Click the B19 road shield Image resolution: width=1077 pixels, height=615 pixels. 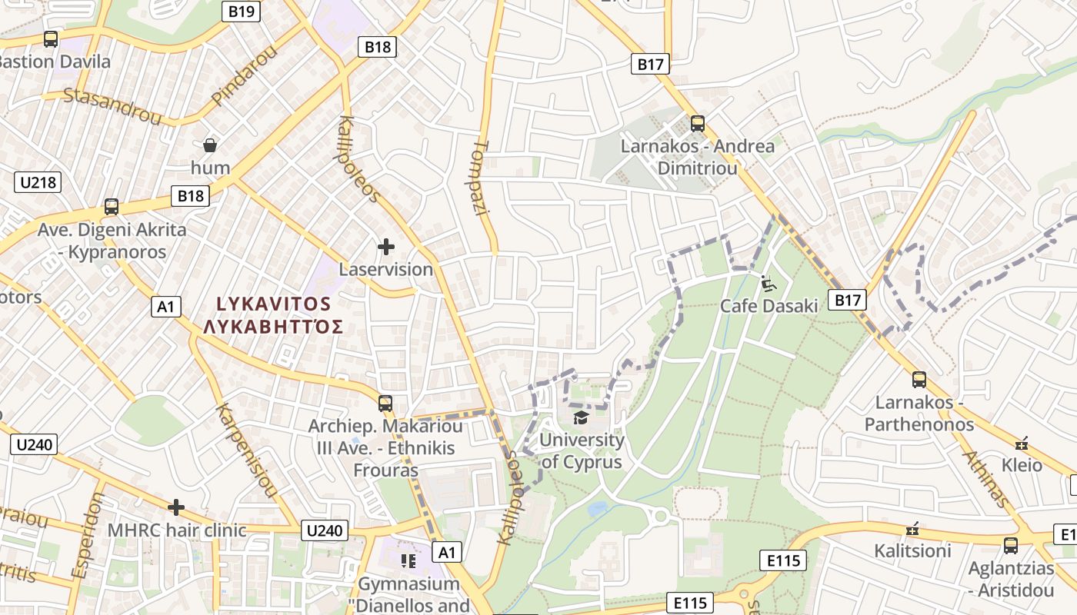coord(242,12)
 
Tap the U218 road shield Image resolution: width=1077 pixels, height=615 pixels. coord(38,182)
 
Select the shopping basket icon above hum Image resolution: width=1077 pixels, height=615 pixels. coord(209,145)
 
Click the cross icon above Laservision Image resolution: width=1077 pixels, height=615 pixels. coord(386,247)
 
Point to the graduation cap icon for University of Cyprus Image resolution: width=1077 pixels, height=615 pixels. coord(581,417)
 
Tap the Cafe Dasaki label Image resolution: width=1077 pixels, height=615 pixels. coord(769,306)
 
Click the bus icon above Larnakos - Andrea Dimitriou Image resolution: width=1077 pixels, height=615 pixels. coord(698,123)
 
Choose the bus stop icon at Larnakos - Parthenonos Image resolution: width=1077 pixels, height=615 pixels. coord(919,379)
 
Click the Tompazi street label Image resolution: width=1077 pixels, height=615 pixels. coord(481,178)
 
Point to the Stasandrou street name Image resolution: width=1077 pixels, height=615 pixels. coord(112,106)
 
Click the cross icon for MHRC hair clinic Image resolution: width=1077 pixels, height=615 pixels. coord(176,507)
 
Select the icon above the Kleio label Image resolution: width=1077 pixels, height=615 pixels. coord(1022,443)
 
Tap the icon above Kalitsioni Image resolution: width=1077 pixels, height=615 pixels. coord(912,529)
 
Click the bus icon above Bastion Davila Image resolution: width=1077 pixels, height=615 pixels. coord(51,39)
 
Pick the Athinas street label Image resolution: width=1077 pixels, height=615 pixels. coord(985,479)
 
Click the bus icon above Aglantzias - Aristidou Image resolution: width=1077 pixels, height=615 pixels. coord(1011,546)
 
